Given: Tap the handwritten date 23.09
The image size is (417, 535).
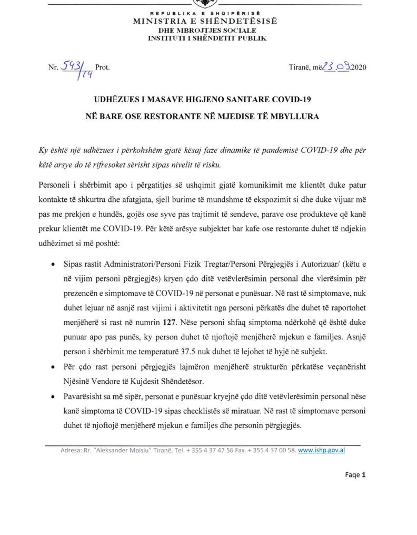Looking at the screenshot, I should [x=336, y=67].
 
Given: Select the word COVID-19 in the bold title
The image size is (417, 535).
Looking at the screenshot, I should [x=296, y=99].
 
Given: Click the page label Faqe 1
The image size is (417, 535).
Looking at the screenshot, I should [x=355, y=474].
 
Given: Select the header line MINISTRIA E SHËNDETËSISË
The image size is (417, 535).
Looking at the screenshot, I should [x=205, y=22].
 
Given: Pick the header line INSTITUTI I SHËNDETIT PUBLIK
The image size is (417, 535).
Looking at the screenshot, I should [x=207, y=38].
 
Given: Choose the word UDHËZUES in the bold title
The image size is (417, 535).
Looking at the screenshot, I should [x=113, y=99].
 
